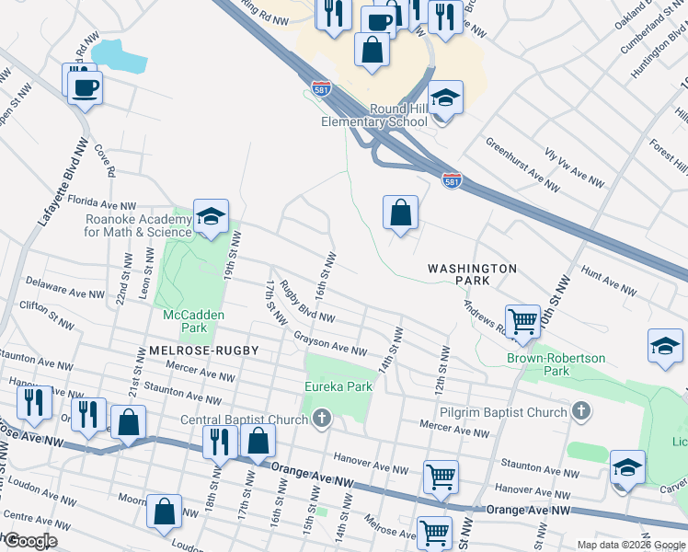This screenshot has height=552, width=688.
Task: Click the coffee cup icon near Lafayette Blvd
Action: [84, 86]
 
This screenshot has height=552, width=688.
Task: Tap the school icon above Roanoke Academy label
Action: [211, 216]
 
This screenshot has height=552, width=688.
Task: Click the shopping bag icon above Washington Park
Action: [401, 213]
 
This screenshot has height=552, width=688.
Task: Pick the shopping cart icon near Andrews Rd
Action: [522, 321]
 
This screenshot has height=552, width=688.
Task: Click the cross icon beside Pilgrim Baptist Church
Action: [581, 412]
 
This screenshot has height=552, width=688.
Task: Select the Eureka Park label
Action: [338, 386]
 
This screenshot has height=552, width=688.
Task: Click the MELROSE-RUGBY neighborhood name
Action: [202, 351]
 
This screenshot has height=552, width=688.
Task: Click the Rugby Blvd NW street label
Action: [308, 303]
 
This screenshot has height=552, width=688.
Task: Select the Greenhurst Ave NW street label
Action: [522, 165]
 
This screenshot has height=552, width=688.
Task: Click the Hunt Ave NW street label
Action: [609, 282]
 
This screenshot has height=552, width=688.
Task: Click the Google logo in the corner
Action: [29, 541]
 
